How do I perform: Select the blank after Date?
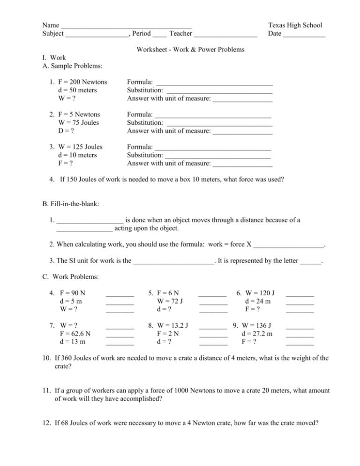304,35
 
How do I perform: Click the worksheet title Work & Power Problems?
190,49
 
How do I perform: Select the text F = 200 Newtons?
81,83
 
